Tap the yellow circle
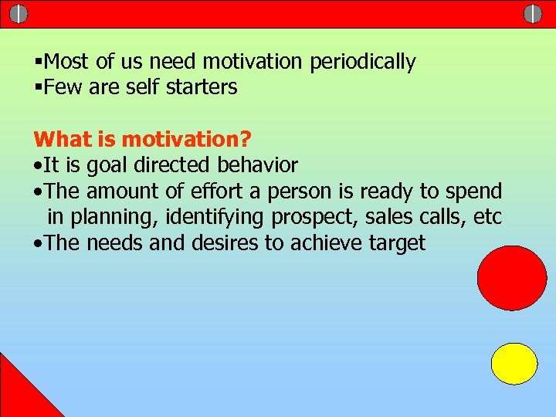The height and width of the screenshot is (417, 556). (514, 364)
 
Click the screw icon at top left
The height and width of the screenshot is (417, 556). (19, 13)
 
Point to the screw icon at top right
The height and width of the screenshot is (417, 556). (533, 13)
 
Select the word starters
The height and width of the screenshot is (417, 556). (202, 87)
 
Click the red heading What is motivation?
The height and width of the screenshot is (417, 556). (143, 140)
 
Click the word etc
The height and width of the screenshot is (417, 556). (486, 218)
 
